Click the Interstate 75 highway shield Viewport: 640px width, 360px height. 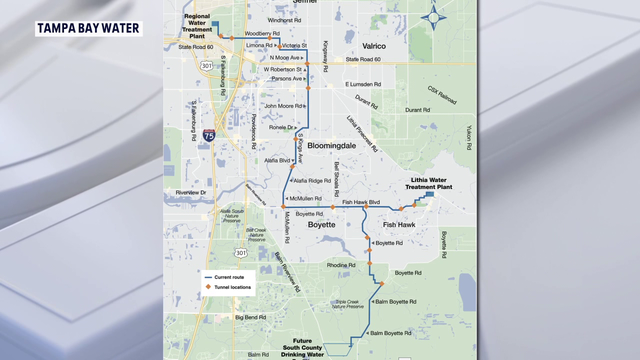tap(206, 131)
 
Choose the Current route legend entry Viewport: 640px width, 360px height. tap(229, 276)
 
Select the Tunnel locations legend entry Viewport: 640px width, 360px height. tap(229, 287)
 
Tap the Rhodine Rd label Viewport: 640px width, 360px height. tap(341, 265)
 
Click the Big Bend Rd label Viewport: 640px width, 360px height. tap(250, 317)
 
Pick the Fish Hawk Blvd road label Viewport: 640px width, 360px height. tap(361, 203)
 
